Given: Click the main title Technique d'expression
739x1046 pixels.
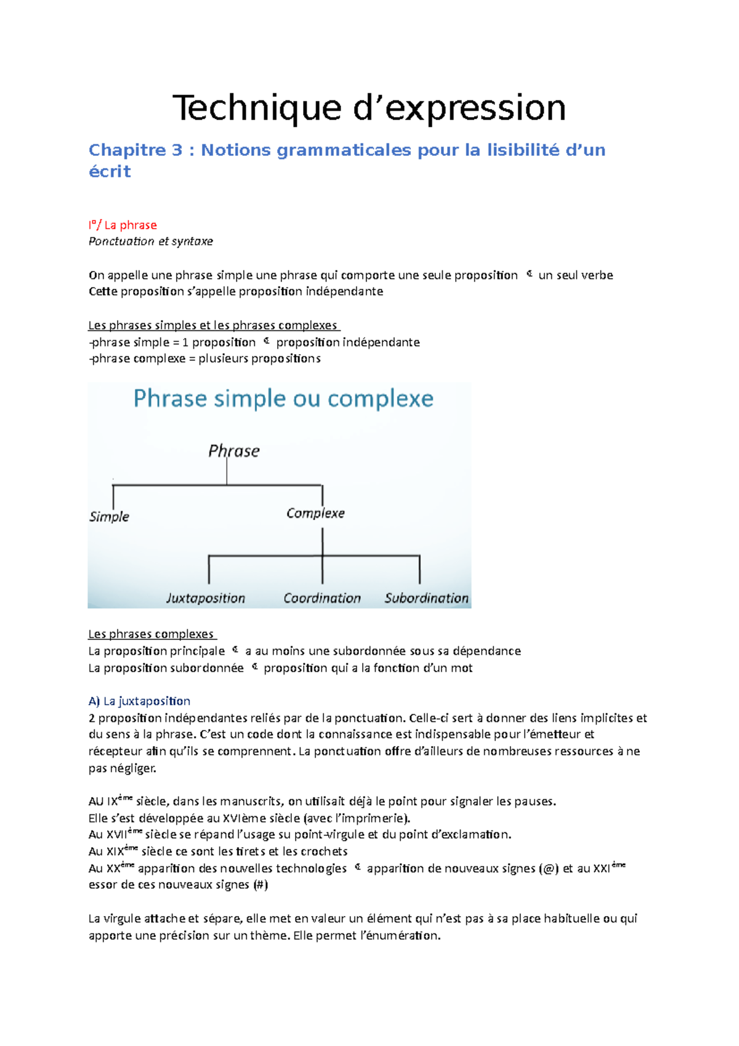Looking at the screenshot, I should click(369, 108).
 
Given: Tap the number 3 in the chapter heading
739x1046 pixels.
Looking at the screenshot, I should click(177, 150).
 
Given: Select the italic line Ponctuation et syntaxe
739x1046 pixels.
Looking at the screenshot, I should click(151, 241).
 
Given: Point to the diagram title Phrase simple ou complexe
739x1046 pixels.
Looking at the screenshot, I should click(283, 399).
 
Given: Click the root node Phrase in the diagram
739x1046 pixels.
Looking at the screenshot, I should click(233, 451).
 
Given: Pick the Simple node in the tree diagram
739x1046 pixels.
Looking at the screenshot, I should click(109, 517).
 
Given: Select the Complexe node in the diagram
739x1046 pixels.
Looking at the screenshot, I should click(315, 513).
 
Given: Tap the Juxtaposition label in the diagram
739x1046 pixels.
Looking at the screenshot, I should click(206, 598).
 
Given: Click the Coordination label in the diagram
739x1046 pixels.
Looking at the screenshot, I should click(322, 598).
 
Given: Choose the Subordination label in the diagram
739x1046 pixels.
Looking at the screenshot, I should click(426, 598).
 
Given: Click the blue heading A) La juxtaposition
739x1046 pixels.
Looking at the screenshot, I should click(139, 701).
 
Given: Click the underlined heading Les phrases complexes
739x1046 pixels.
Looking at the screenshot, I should click(151, 634).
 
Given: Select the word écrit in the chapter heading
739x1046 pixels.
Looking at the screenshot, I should click(110, 171).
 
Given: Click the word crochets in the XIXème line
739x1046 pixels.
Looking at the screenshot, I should click(324, 852).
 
